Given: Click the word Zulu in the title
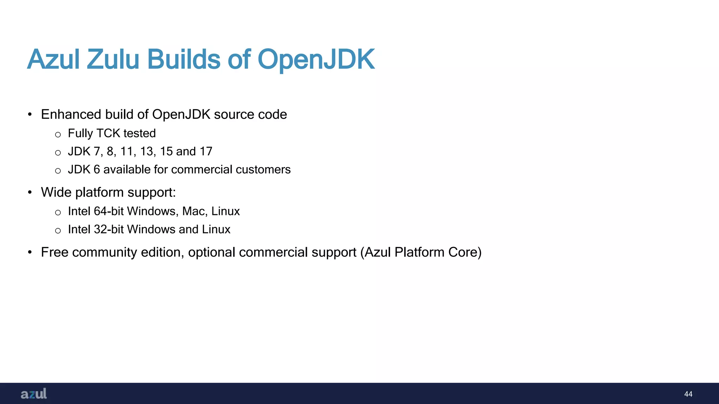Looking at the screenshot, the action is (113, 59).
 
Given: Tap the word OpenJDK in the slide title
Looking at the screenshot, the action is (316, 59).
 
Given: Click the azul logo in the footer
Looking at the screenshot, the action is (34, 393).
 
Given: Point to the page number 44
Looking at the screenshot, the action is (688, 394).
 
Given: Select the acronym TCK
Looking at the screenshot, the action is (108, 133).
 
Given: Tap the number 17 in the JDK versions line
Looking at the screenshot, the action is (206, 151).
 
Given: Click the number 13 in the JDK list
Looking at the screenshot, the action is (147, 151).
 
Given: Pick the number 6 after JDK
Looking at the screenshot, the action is (97, 169).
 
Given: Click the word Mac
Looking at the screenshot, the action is (193, 211).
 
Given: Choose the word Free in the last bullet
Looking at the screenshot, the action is (54, 252).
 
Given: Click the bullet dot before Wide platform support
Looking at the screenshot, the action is (30, 192).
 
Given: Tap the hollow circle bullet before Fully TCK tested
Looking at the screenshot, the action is (58, 134).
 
